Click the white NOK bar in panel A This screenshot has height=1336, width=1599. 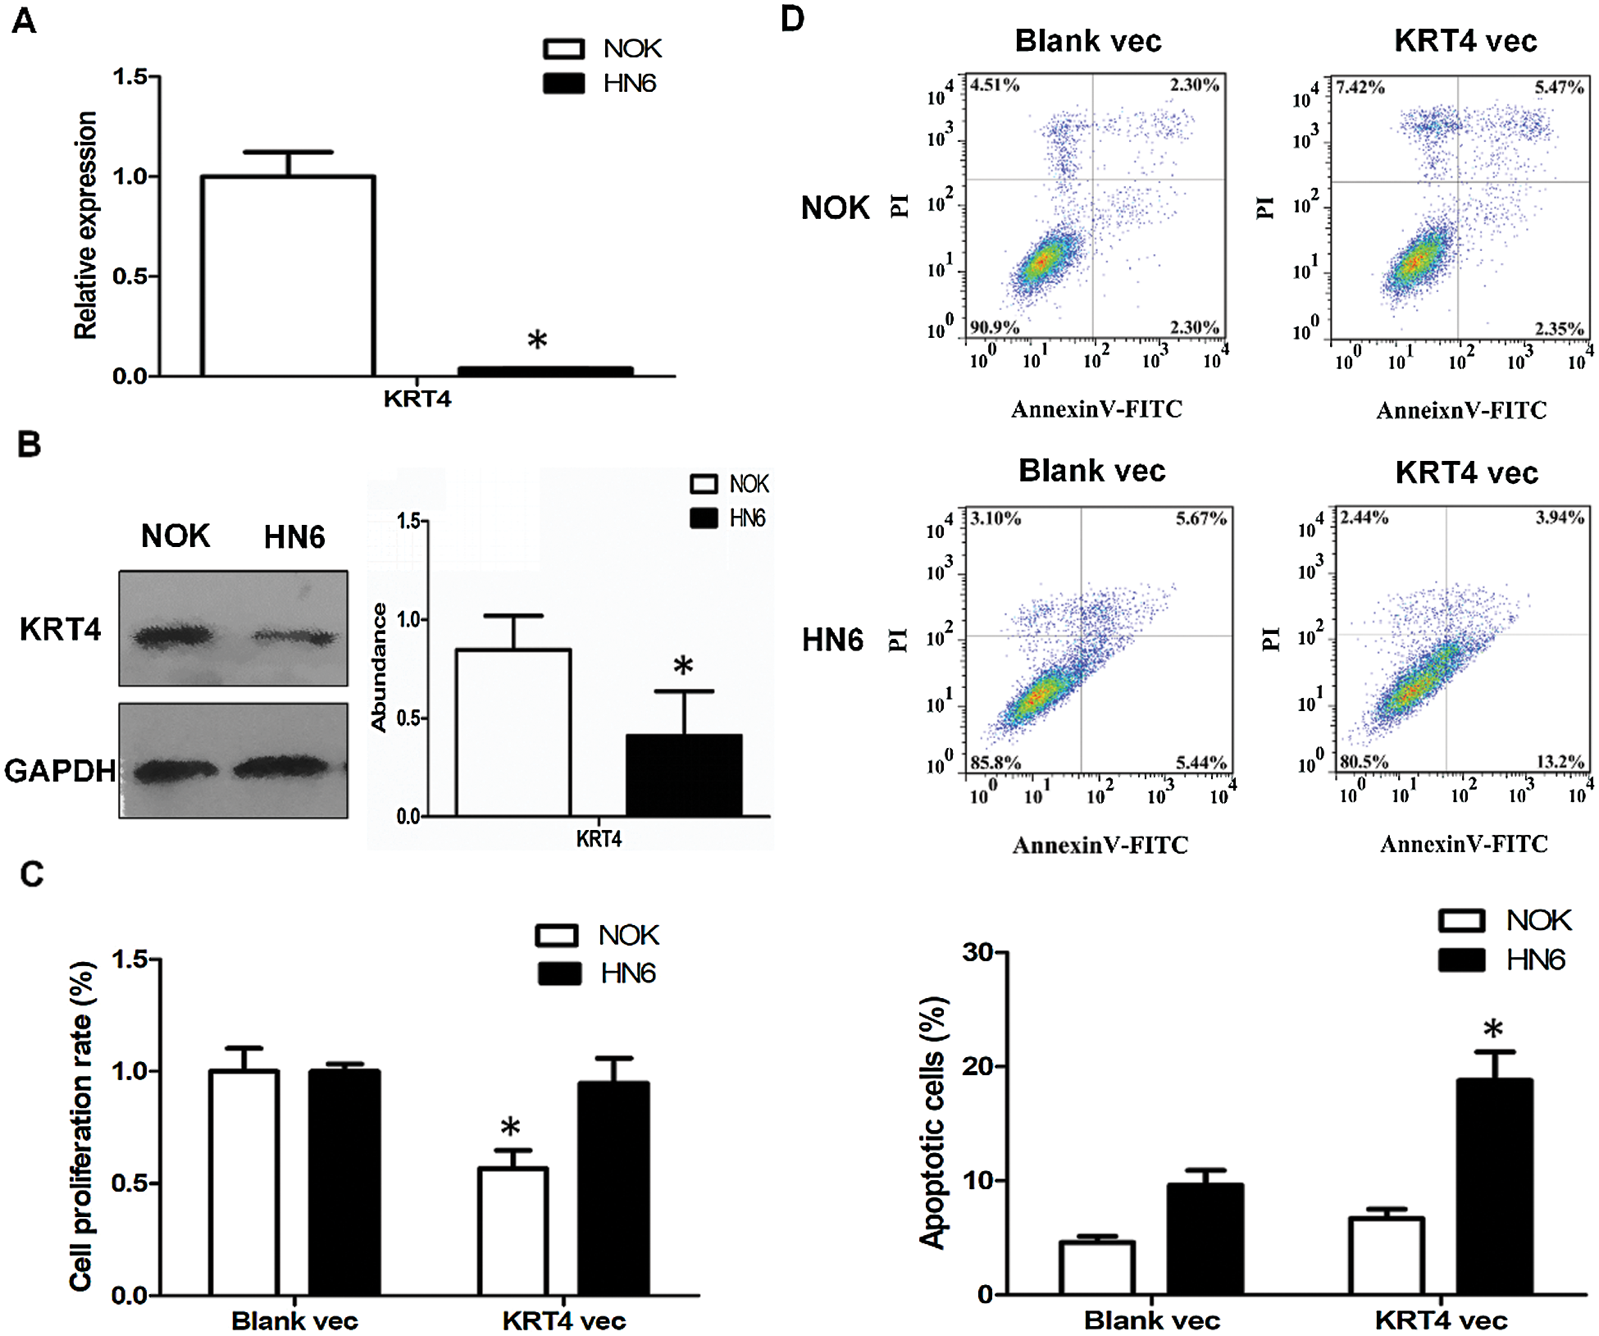pyautogui.click(x=288, y=276)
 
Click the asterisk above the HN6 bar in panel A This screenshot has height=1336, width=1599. pyautogui.click(x=537, y=340)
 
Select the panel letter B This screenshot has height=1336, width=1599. pyautogui.click(x=29, y=445)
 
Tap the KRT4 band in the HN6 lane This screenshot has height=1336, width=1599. pyautogui.click(x=294, y=636)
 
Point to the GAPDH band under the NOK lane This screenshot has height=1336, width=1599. pyautogui.click(x=175, y=770)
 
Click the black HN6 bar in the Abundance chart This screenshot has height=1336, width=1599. pyautogui.click(x=684, y=774)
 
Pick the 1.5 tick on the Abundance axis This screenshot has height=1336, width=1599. pyautogui.click(x=408, y=521)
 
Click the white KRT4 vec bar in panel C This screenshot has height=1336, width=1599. pyautogui.click(x=513, y=1230)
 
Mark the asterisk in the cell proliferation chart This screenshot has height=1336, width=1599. pyautogui.click(x=510, y=1128)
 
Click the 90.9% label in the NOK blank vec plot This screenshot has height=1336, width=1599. pyautogui.click(x=995, y=327)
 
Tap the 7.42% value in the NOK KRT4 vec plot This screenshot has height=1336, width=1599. pyautogui.click(x=1360, y=87)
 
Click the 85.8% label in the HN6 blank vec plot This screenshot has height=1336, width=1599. pyautogui.click(x=995, y=762)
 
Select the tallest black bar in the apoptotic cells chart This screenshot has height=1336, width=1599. pyautogui.click(x=1494, y=1186)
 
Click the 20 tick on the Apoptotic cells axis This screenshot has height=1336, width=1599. pyautogui.click(x=977, y=1066)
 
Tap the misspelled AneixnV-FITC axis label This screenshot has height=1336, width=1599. pyautogui.click(x=1461, y=410)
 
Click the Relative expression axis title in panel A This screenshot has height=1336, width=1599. pyautogui.click(x=85, y=226)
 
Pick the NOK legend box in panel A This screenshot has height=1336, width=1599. pyautogui.click(x=564, y=48)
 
